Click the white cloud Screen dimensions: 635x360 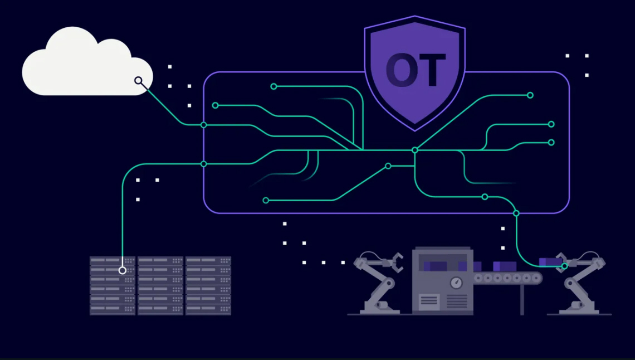[87, 61]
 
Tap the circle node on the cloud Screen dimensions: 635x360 [139, 81]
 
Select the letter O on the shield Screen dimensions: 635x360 [401, 70]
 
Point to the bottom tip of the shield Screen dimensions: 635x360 [414, 131]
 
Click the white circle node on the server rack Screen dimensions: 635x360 [123, 270]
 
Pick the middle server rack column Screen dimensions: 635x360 [160, 285]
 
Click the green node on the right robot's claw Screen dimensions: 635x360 [564, 266]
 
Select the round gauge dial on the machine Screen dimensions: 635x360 [456, 282]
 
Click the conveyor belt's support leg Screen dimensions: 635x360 [522, 299]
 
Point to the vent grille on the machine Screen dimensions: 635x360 [457, 301]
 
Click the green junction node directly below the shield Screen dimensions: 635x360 [414, 150]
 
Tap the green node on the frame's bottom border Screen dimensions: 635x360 [516, 213]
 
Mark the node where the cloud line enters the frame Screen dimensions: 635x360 [204, 125]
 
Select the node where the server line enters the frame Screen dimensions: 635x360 [204, 164]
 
